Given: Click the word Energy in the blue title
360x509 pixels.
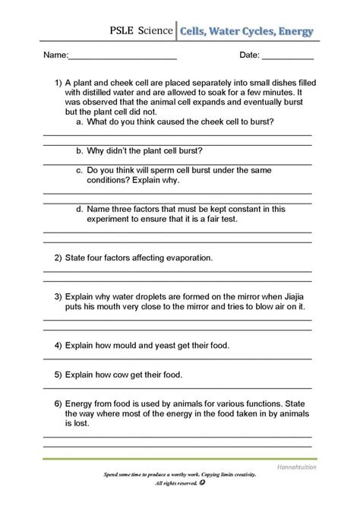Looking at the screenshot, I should (x=291, y=32).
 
